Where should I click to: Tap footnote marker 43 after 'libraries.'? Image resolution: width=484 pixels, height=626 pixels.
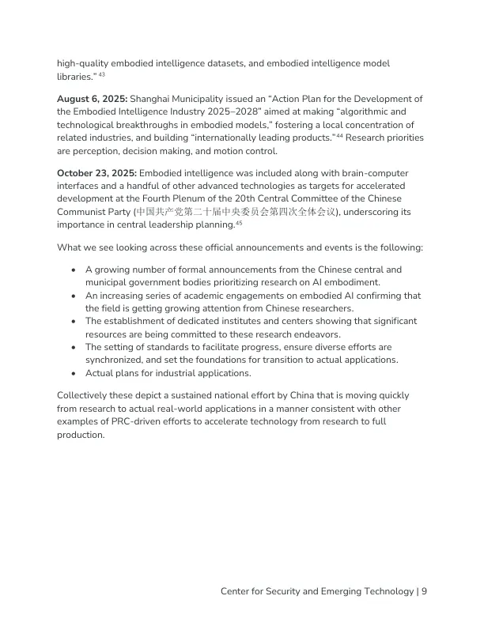[x=102, y=75]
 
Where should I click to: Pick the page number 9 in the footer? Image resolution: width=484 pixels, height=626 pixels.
[x=425, y=591]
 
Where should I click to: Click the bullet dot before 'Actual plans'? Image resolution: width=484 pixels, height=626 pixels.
[x=73, y=373]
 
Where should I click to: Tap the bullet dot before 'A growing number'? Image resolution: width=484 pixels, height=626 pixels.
[x=73, y=270]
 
